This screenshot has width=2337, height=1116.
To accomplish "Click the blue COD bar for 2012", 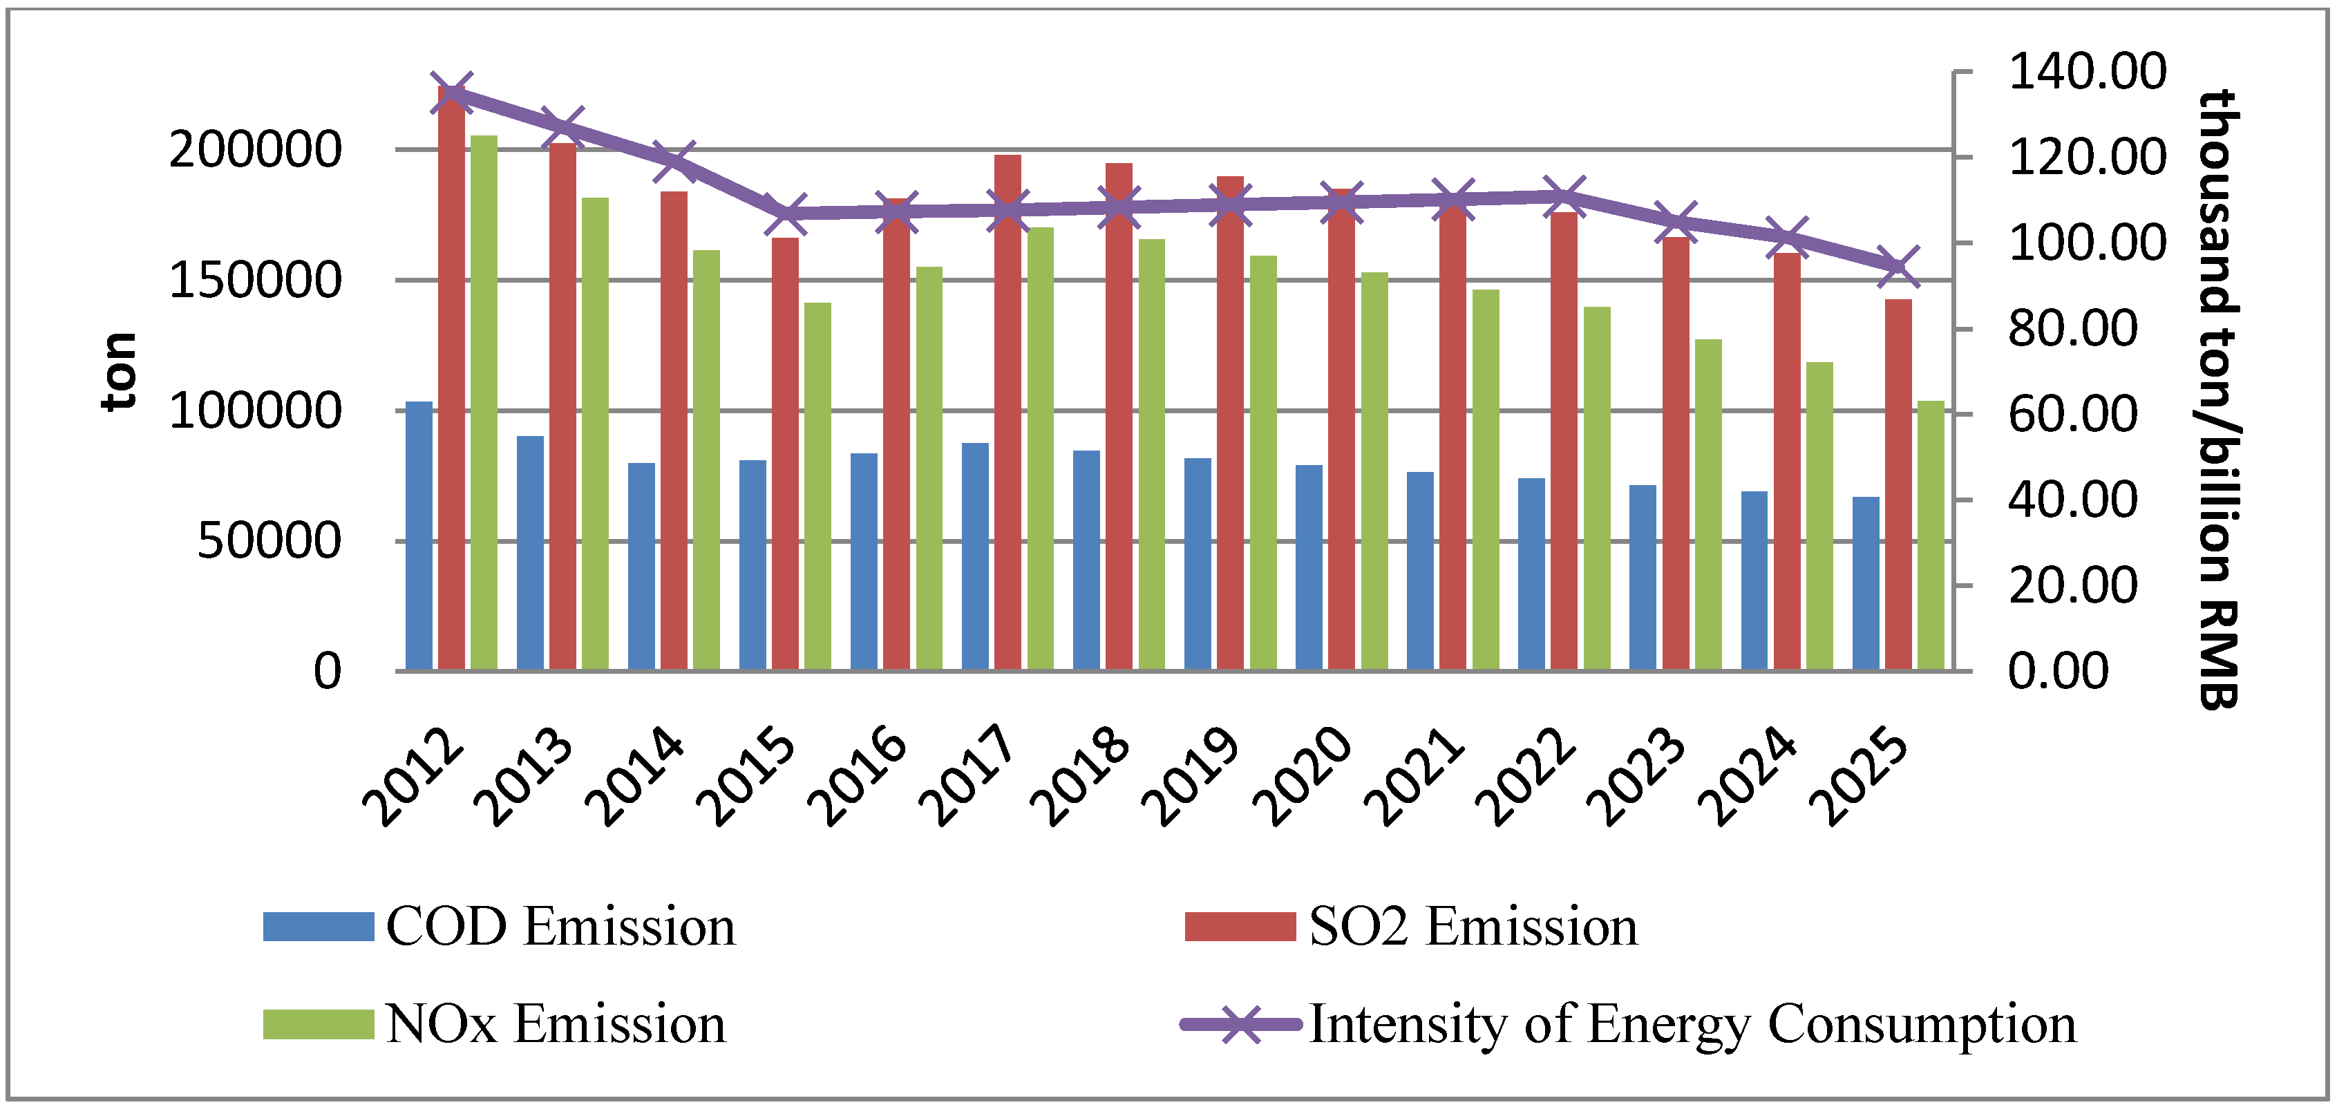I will click(x=419, y=536).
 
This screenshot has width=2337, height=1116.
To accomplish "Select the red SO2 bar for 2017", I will click(x=1008, y=413).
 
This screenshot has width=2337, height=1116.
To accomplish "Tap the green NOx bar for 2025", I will click(x=1931, y=536).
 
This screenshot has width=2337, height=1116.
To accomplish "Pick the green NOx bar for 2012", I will click(x=484, y=404).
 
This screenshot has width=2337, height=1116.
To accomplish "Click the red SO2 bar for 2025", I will click(x=1898, y=485).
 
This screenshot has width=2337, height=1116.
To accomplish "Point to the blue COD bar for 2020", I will click(x=1309, y=568).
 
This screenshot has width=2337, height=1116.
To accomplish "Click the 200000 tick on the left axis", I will click(x=255, y=150).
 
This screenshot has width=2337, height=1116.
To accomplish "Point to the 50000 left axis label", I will click(x=269, y=542).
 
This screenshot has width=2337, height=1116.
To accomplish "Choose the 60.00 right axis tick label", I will click(x=2073, y=415).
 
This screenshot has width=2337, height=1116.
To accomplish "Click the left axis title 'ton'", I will click(x=119, y=372).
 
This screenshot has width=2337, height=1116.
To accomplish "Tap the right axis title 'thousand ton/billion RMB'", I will click(x=2219, y=399).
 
